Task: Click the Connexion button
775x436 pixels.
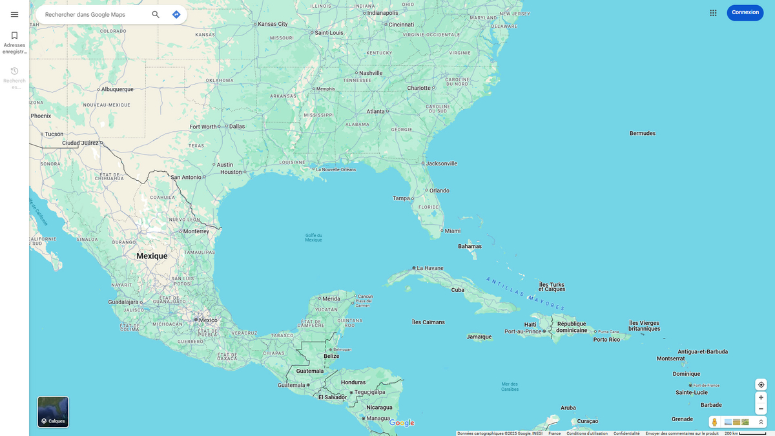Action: pyautogui.click(x=745, y=12)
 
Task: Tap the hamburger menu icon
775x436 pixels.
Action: pyautogui.click(x=14, y=14)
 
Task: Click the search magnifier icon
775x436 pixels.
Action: pyautogui.click(x=156, y=14)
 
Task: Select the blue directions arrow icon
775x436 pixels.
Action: pyautogui.click(x=176, y=14)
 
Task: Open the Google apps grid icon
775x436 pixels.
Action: pyautogui.click(x=713, y=13)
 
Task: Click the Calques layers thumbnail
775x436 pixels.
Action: pyautogui.click(x=53, y=412)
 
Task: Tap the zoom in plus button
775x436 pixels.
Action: pyautogui.click(x=761, y=397)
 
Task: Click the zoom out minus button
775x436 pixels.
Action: pyautogui.click(x=761, y=409)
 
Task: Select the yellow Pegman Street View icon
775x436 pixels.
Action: pyautogui.click(x=714, y=422)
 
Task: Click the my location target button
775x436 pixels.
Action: pyautogui.click(x=761, y=384)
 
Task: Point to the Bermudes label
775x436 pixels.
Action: pyautogui.click(x=642, y=133)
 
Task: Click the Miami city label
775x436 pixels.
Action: pyautogui.click(x=452, y=231)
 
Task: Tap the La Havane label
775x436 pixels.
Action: pyautogui.click(x=430, y=268)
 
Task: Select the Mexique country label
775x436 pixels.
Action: pyautogui.click(x=152, y=256)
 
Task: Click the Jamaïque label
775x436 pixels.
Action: pyautogui.click(x=479, y=337)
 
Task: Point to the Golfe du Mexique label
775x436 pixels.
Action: pyautogui.click(x=313, y=238)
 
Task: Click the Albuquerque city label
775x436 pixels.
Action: pyautogui.click(x=117, y=89)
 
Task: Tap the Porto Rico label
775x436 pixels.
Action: pyautogui.click(x=606, y=339)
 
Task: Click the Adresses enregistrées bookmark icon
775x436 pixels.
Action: pyautogui.click(x=14, y=36)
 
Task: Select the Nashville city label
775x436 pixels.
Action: pyautogui.click(x=371, y=73)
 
